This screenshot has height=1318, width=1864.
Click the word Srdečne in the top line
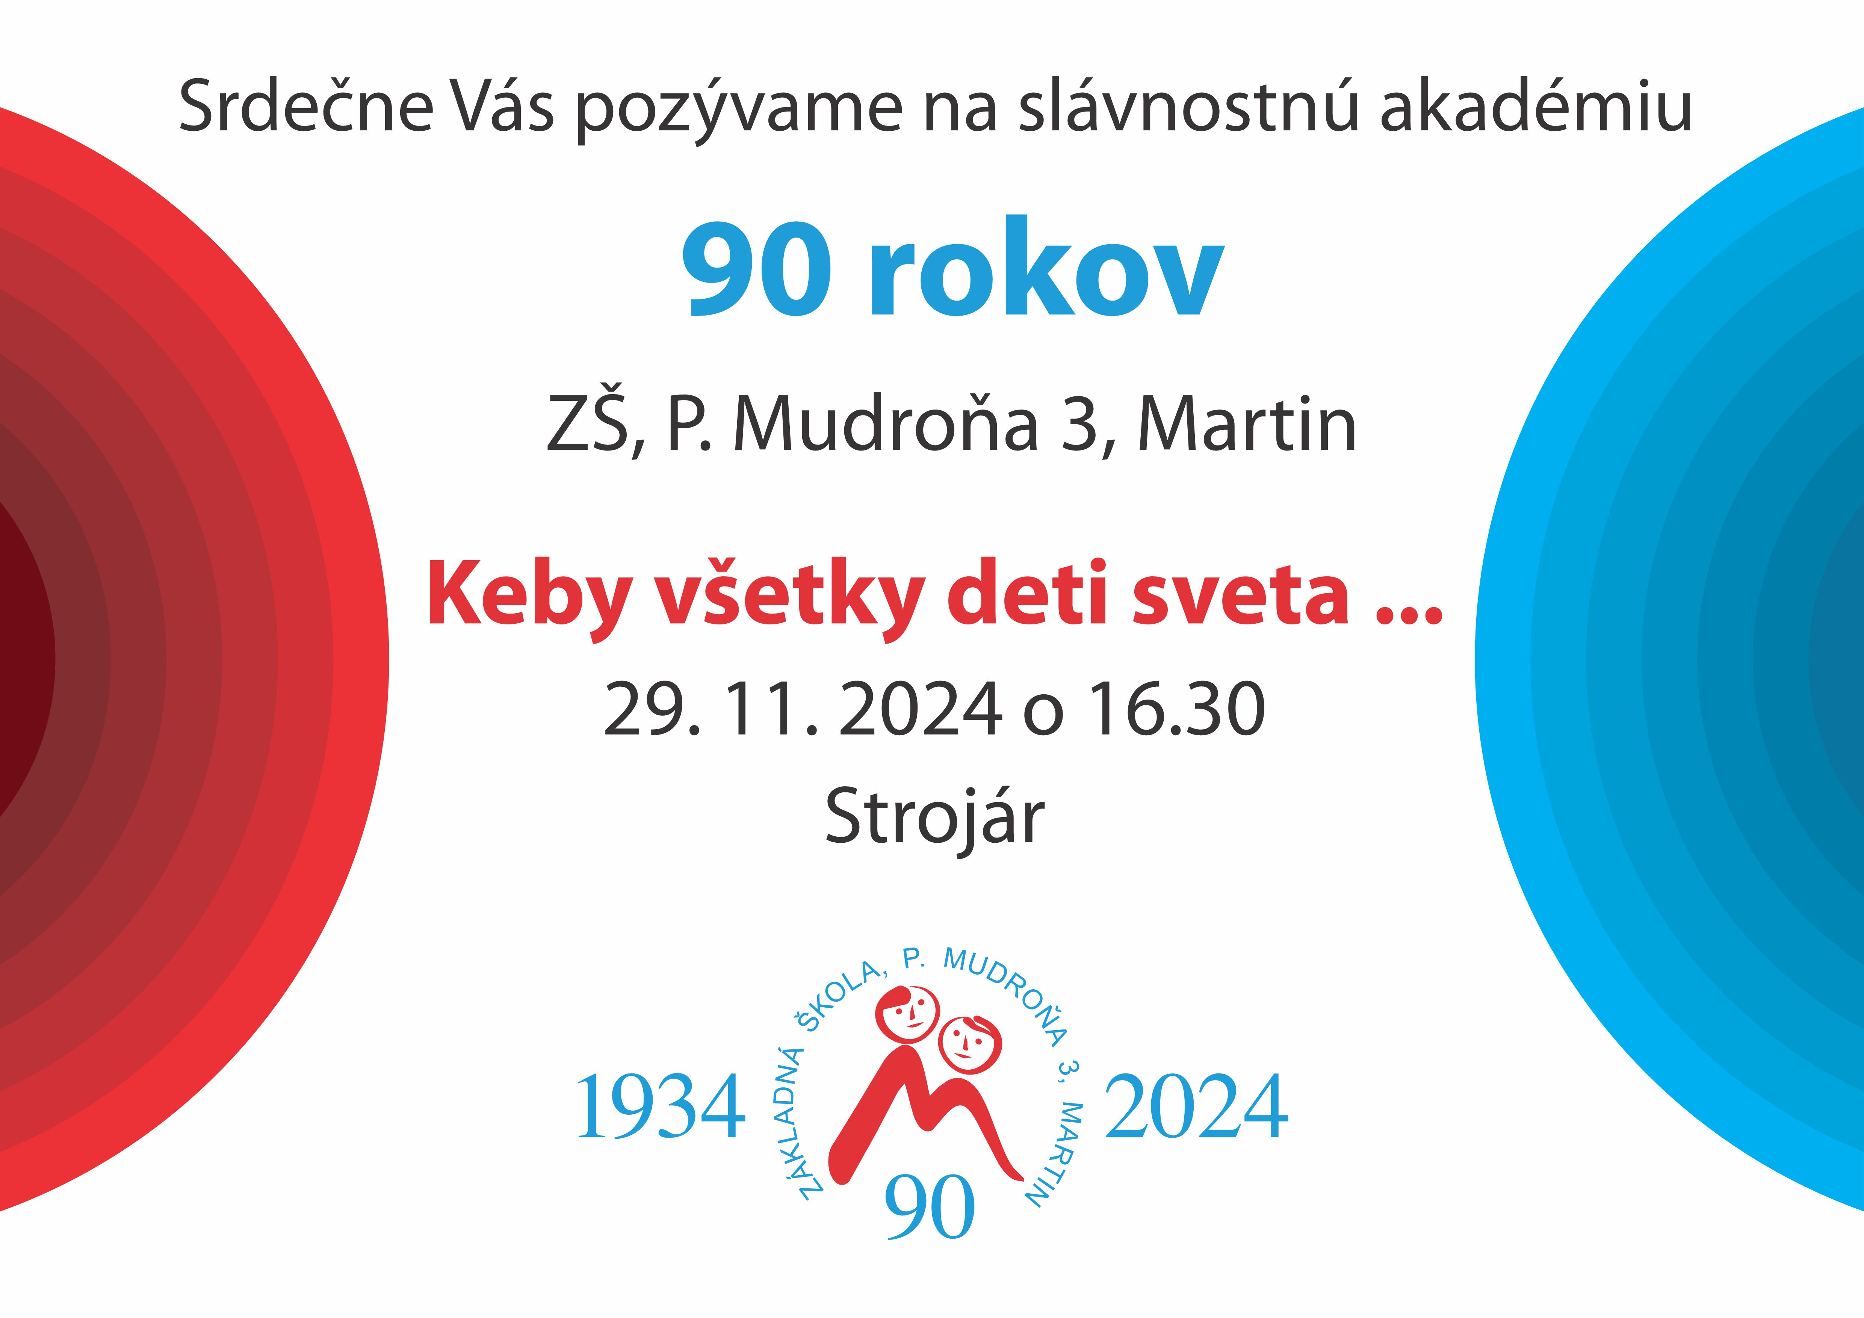[x=306, y=106]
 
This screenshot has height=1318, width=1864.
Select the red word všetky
[x=790, y=597]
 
